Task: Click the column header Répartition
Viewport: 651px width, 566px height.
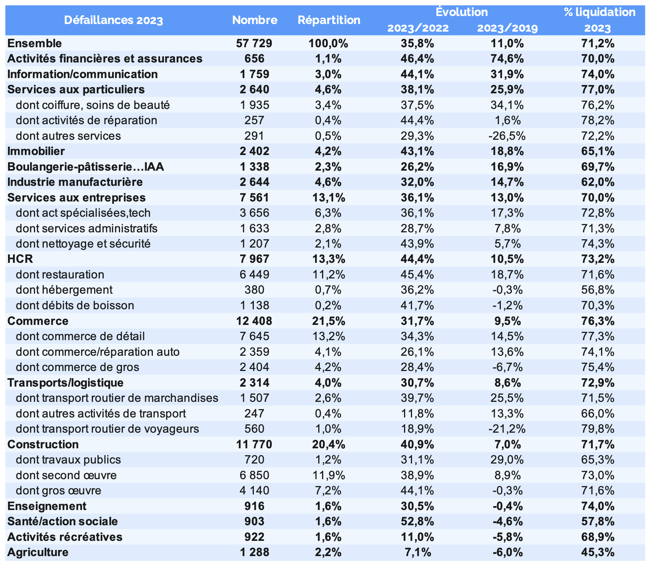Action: pyautogui.click(x=329, y=20)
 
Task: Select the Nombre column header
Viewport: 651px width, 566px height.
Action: pyautogui.click(x=255, y=20)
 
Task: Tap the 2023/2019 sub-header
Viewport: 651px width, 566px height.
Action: pyautogui.click(x=507, y=28)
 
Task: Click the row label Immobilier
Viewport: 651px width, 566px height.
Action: pyautogui.click(x=36, y=151)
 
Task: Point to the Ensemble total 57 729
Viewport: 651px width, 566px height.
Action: pyautogui.click(x=254, y=43)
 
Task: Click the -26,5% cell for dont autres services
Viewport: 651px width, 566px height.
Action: pyautogui.click(x=507, y=136)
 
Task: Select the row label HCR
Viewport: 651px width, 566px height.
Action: pyautogui.click(x=20, y=259)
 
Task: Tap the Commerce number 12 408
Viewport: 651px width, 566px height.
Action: pyautogui.click(x=254, y=321)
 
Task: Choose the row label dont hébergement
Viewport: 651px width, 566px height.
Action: pyautogui.click(x=64, y=290)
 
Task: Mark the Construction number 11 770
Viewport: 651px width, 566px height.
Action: pyautogui.click(x=254, y=444)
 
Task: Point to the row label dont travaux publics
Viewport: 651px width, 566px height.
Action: pyautogui.click(x=68, y=460)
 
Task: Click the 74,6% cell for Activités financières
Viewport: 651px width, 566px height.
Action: pyautogui.click(x=507, y=59)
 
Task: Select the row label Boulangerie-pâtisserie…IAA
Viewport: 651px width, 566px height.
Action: pyautogui.click(x=86, y=167)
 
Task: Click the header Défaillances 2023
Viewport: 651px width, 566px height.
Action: pyautogui.click(x=114, y=20)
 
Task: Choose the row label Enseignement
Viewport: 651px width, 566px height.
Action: pyautogui.click(x=47, y=506)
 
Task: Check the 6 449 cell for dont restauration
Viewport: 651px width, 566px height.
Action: pyautogui.click(x=254, y=275)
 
